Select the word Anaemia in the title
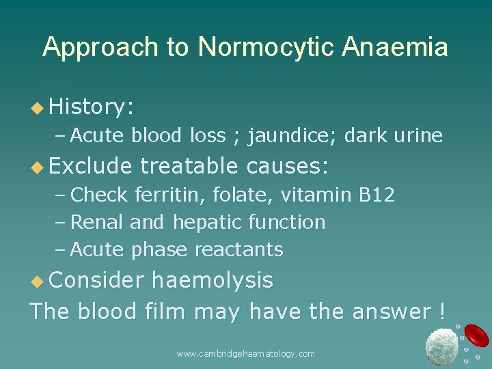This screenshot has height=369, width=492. tap(396, 48)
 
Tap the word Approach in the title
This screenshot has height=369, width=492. tap(102, 48)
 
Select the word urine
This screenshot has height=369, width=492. tap(418, 136)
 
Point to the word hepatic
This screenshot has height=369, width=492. tap(208, 223)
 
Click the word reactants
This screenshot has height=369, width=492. tap(238, 250)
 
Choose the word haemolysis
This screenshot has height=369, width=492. tap(212, 280)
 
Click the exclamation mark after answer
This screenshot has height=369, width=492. tap(443, 312)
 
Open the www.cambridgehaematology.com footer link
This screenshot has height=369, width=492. tap(245, 354)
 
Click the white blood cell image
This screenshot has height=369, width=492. tap(441, 346)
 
